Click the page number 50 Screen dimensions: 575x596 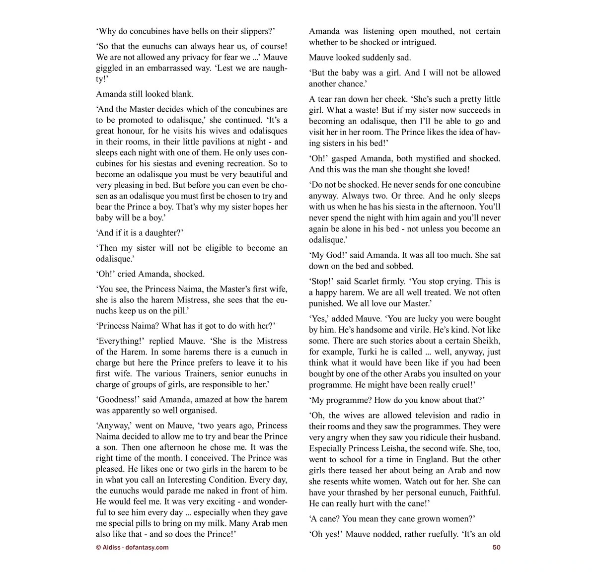tap(496, 548)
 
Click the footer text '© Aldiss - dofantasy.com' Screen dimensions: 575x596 tap(132, 548)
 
